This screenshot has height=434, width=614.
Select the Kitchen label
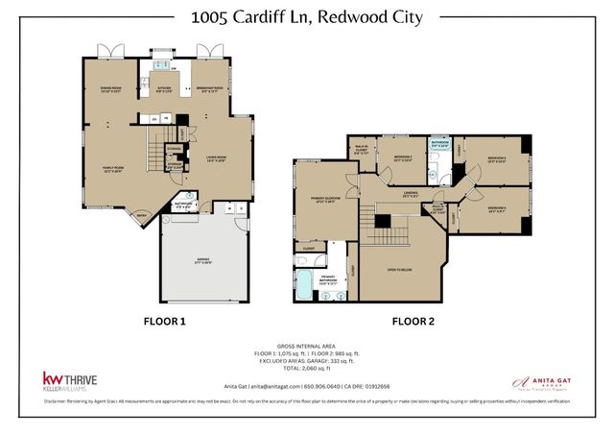[164, 91]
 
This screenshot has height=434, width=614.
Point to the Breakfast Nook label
[209, 91]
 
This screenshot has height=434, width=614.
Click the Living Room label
[215, 158]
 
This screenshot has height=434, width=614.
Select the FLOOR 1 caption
[164, 323]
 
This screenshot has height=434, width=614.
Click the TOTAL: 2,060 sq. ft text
[307, 369]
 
